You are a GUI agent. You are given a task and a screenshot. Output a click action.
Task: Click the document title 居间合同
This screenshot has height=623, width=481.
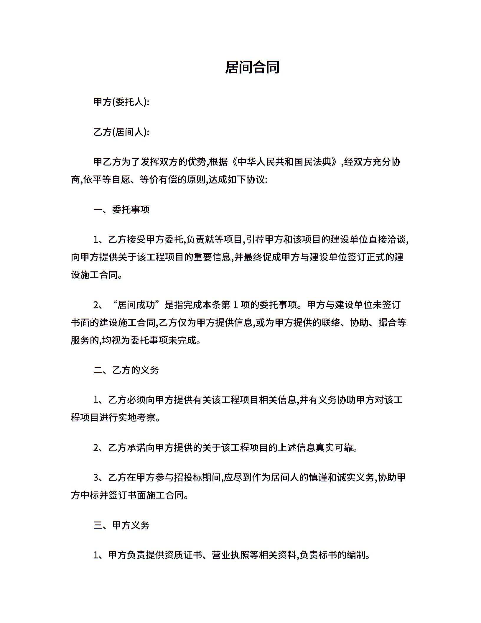(x=252, y=67)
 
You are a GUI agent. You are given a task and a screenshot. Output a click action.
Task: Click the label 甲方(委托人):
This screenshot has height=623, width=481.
(x=121, y=102)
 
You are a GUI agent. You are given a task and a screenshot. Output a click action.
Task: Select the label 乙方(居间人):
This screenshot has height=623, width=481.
(x=121, y=132)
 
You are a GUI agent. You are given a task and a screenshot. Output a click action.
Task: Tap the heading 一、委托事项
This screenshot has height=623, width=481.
(x=121, y=209)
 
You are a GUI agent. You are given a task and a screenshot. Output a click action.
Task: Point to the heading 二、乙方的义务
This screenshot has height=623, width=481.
(x=126, y=370)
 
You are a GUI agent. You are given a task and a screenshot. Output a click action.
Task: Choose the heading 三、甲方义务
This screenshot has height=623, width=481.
(x=121, y=525)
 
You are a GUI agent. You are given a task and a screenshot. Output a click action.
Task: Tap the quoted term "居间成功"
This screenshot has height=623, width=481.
(x=136, y=305)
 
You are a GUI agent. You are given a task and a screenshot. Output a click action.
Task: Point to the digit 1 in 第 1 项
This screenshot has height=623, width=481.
(x=235, y=305)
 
